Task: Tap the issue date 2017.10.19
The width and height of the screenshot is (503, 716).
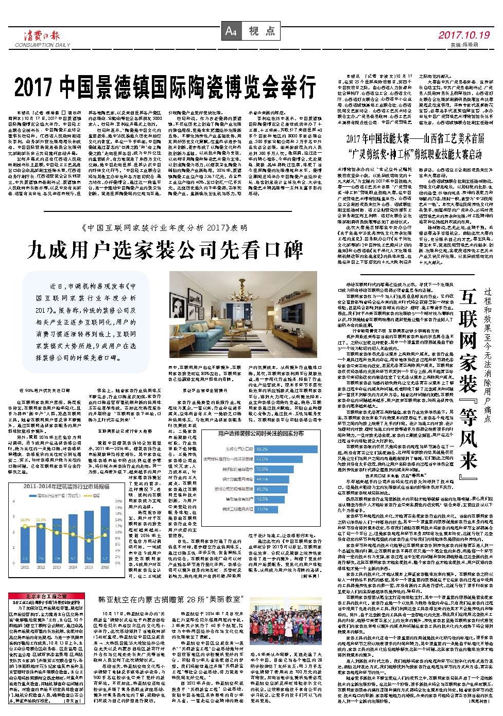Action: pos(464,35)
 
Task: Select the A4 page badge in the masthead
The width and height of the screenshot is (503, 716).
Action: pos(230,31)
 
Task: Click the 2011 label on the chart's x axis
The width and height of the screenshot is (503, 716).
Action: pos(24,567)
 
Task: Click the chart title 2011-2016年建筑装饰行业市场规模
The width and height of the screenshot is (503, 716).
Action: pos(66,486)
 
